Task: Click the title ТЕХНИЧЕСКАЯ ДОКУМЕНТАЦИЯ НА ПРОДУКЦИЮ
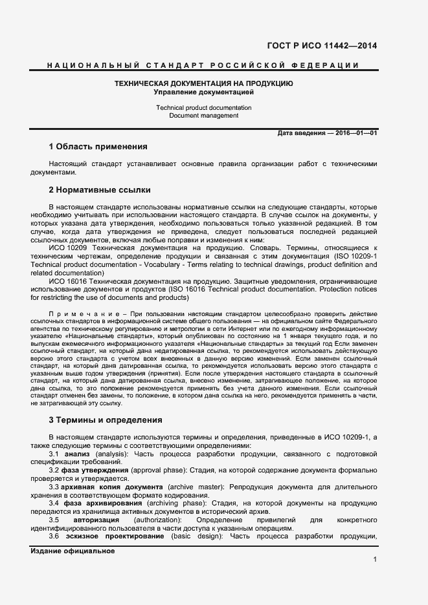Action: (203, 84)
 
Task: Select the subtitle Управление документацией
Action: (203, 92)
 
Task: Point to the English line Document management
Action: (203, 116)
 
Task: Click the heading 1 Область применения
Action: (98, 147)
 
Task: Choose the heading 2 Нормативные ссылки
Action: (100, 191)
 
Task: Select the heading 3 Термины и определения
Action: (105, 420)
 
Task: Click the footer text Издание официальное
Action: (73, 551)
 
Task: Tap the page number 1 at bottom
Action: (375, 560)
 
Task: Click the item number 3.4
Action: (54, 503)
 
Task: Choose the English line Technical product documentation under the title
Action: (203, 107)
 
